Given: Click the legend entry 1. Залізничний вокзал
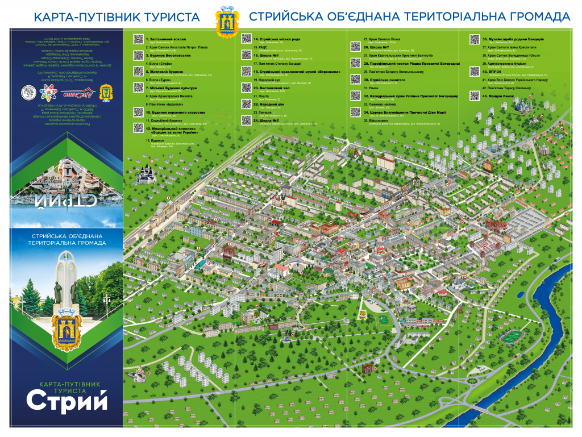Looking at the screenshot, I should (x=164, y=39).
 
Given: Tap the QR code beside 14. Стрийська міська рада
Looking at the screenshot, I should (x=246, y=39).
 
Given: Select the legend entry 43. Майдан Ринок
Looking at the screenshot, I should (x=497, y=96).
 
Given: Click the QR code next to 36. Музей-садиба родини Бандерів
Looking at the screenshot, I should (x=474, y=39).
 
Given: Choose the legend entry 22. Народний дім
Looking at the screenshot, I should (x=269, y=105).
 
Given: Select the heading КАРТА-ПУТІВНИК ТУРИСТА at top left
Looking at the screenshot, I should (x=117, y=17).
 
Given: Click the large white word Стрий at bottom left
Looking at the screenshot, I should (x=66, y=402).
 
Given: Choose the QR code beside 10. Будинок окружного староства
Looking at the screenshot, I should (x=138, y=113).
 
